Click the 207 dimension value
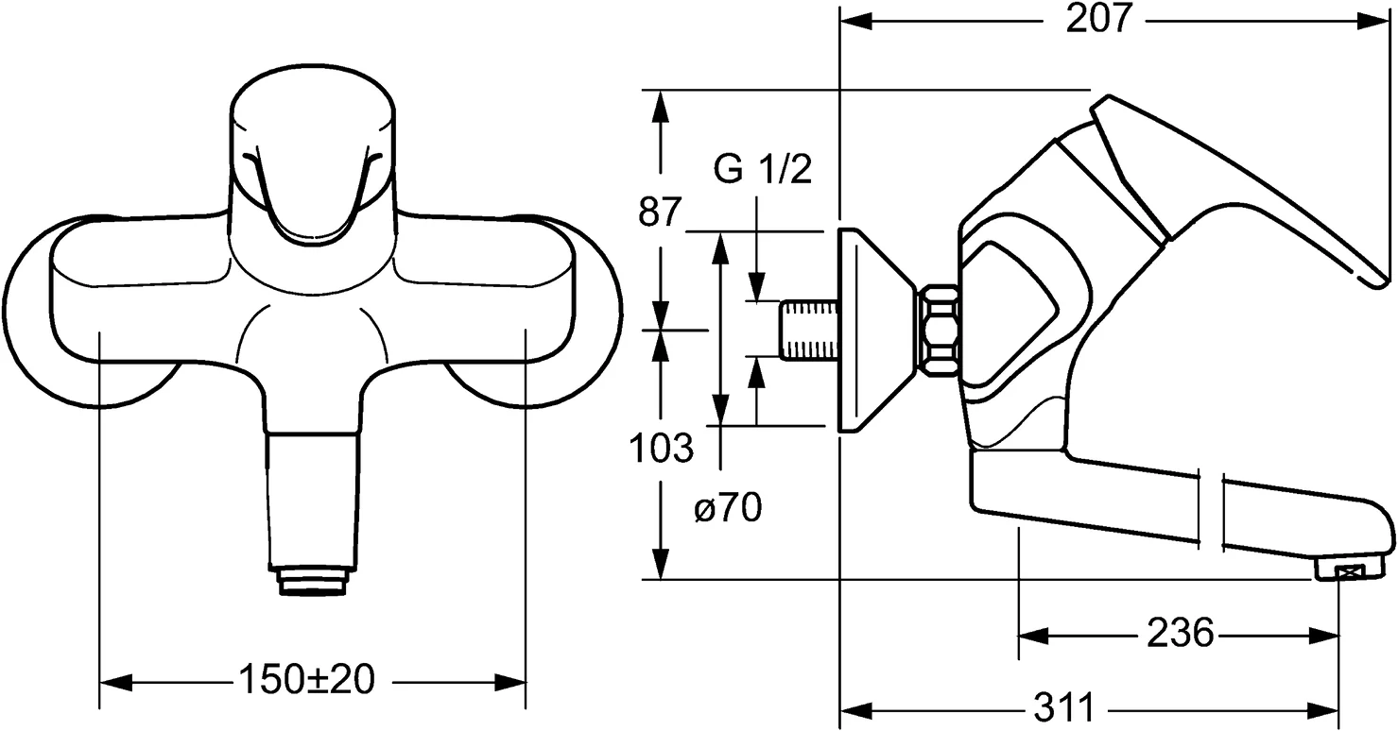(1099, 20)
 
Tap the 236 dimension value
(1180, 634)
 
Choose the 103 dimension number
(662, 448)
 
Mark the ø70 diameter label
(728, 510)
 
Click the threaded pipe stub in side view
(808, 329)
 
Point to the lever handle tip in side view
(1375, 277)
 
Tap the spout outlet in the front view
(312, 580)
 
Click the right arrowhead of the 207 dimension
(1376, 21)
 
